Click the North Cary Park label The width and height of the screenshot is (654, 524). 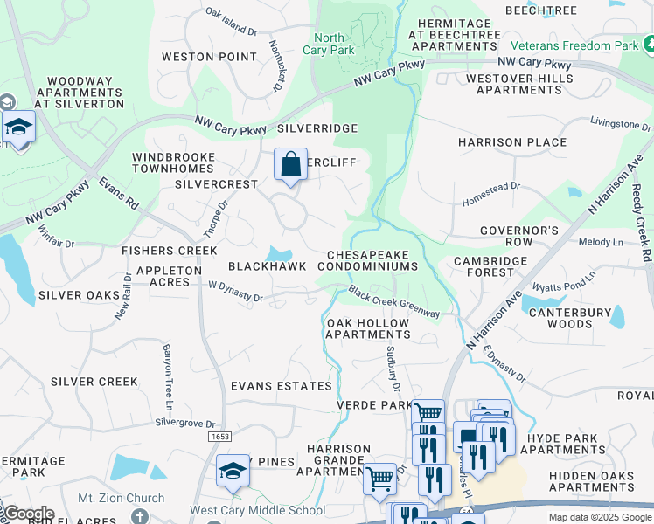click(x=329, y=44)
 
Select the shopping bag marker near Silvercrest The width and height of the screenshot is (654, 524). click(x=290, y=164)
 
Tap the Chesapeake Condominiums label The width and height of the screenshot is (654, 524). click(x=372, y=259)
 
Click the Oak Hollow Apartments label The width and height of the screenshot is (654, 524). click(x=367, y=328)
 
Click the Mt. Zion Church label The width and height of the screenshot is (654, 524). click(x=121, y=499)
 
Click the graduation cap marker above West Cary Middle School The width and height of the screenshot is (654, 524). click(x=233, y=471)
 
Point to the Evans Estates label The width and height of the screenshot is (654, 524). click(x=281, y=386)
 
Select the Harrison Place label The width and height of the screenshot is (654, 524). click(x=512, y=142)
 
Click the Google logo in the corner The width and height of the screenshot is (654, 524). click(x=28, y=514)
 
